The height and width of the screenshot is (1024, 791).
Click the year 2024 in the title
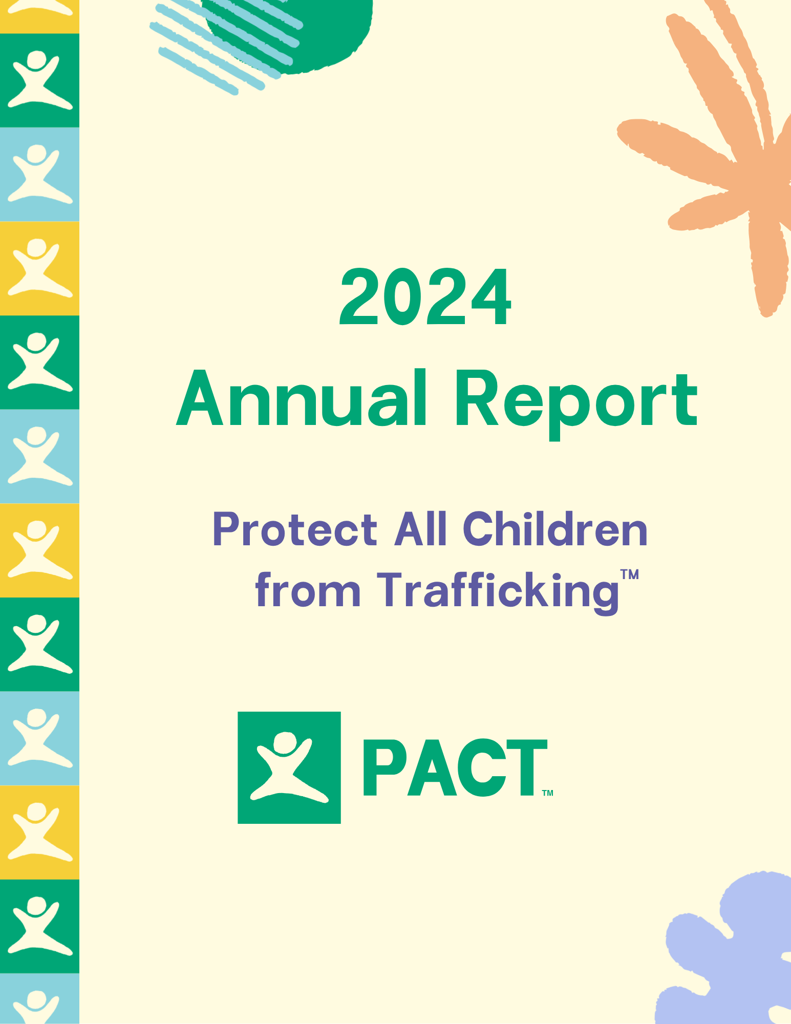425,297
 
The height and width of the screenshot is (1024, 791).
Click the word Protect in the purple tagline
294,530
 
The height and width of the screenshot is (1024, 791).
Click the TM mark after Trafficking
629,574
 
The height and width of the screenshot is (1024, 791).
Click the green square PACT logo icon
289,767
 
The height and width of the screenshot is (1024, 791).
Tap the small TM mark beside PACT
547,793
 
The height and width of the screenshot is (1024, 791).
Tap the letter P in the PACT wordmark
384,768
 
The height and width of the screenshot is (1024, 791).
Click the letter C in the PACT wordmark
481,768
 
